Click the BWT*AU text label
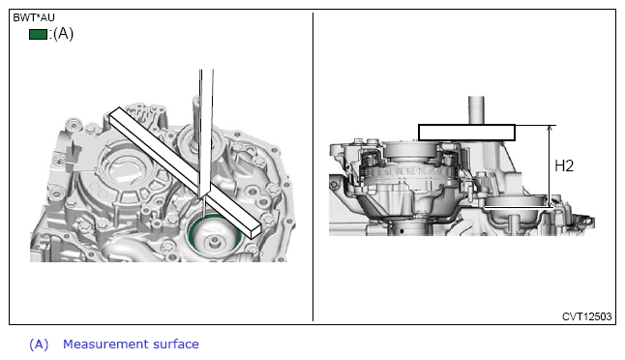[34, 17]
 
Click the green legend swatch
[39, 34]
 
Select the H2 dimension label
[564, 165]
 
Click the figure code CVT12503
[586, 316]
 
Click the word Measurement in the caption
[100, 344]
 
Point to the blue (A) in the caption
[39, 345]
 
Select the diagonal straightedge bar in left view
[185, 173]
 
